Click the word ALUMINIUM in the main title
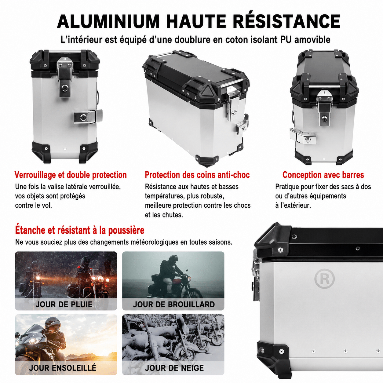click(108, 21)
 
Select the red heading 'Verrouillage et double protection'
click(71, 175)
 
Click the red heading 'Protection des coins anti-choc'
click(197, 175)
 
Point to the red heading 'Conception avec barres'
click(323, 175)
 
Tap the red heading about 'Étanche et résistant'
click(80, 230)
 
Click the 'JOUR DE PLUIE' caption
click(64, 305)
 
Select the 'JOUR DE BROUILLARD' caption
click(174, 305)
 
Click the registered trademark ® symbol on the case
click(325, 279)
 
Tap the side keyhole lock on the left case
click(82, 118)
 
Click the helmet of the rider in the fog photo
click(172, 260)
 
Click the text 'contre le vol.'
click(33, 205)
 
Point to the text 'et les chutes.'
click(164, 215)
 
